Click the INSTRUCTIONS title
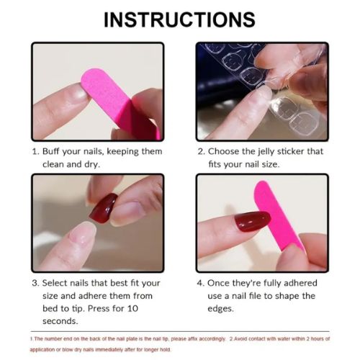(179, 19)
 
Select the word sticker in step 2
(307, 152)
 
